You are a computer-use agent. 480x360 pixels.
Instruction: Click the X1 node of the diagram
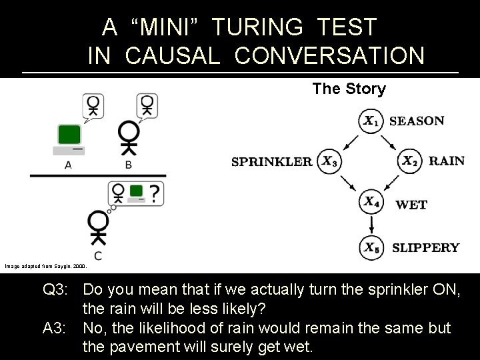371,121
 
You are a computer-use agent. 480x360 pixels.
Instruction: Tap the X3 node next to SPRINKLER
329,161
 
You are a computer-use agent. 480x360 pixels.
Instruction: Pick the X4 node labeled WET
371,202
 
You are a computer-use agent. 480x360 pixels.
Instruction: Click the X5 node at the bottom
371,247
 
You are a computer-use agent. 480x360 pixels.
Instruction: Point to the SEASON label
416,121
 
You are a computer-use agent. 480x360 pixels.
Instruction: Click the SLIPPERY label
425,248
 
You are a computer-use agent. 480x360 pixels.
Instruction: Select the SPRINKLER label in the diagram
272,161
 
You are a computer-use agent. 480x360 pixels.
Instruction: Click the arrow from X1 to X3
349,140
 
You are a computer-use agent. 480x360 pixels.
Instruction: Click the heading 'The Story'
349,89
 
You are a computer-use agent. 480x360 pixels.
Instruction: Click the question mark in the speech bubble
155,193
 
